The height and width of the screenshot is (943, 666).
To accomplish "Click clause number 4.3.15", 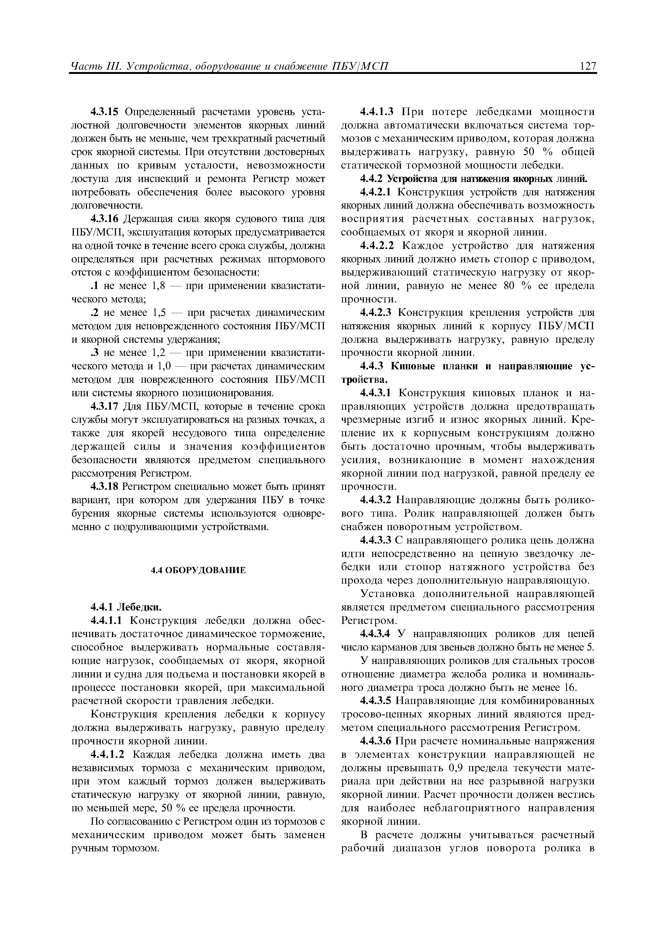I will (104, 112).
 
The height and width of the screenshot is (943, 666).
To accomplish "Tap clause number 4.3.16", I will (104, 219).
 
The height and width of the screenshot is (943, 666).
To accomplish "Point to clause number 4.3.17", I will (104, 407).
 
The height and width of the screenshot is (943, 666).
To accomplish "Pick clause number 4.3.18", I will (104, 487).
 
